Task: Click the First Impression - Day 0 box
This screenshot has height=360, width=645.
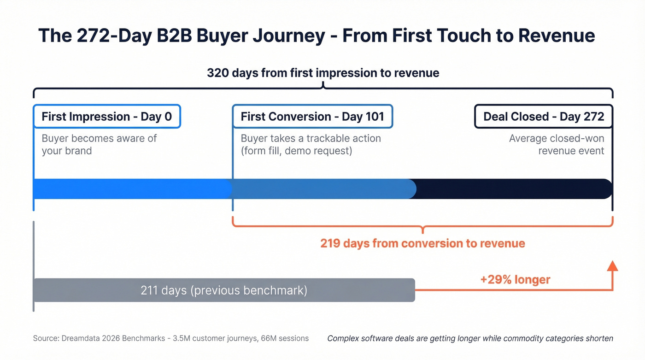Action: [106, 117]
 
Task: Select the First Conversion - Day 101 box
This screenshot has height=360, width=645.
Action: [312, 117]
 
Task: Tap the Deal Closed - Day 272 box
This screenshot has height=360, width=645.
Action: [543, 117]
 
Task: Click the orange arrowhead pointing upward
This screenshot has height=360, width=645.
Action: [612, 266]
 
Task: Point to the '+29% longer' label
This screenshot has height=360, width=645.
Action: [515, 279]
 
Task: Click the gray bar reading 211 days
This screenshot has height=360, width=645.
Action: [224, 290]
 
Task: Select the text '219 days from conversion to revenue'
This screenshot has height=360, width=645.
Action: [422, 243]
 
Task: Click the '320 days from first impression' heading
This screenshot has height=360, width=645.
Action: [322, 73]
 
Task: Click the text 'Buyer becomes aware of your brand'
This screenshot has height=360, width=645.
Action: [99, 144]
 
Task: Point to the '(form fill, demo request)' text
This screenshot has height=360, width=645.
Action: [296, 151]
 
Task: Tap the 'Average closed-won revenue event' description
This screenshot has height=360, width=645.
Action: [557, 144]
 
